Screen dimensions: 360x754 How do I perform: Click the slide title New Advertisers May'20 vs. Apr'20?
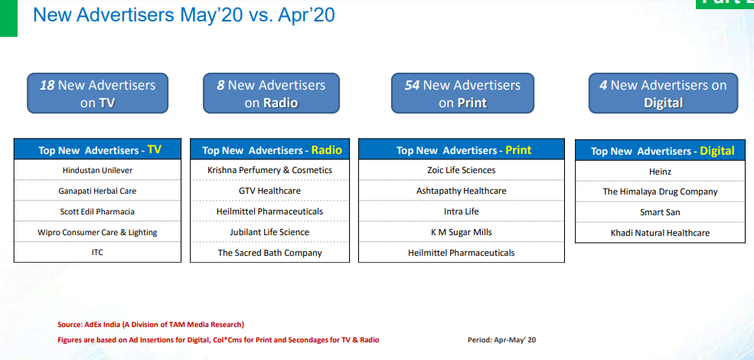pyautogui.click(x=184, y=15)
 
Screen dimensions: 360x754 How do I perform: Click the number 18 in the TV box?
pyautogui.click(x=47, y=85)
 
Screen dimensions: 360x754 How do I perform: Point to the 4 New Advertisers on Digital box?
pyautogui.click(x=663, y=93)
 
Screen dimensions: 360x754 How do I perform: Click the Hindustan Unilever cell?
pyautogui.click(x=98, y=170)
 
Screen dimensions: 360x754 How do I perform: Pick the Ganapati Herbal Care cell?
pyautogui.click(x=98, y=191)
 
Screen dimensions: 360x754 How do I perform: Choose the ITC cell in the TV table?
pyautogui.click(x=98, y=252)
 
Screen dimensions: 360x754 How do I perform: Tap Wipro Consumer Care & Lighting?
pyautogui.click(x=98, y=232)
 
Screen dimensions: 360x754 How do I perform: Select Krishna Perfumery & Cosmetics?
pyautogui.click(x=269, y=170)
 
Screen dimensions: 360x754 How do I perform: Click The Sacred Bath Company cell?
pyautogui.click(x=269, y=252)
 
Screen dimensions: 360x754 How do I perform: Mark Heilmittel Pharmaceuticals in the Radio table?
pyautogui.click(x=269, y=211)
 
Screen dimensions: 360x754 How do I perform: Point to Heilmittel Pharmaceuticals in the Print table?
pyautogui.click(x=461, y=252)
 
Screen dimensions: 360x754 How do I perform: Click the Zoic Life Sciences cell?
pyautogui.click(x=461, y=170)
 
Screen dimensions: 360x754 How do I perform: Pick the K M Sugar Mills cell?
pyautogui.click(x=461, y=232)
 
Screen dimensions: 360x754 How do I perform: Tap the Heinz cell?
pyautogui.click(x=660, y=172)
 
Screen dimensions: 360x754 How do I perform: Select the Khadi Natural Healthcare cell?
pyautogui.click(x=660, y=232)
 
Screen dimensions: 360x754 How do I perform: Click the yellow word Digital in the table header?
pyautogui.click(x=716, y=151)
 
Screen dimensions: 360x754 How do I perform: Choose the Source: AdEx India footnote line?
pyautogui.click(x=151, y=325)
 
